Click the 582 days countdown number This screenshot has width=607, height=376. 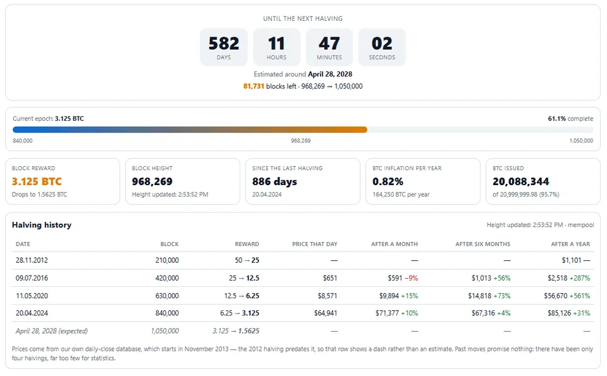(x=224, y=44)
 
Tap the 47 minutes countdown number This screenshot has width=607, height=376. (x=329, y=44)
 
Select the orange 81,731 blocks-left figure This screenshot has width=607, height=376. (x=254, y=87)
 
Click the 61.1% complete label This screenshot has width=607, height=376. (x=570, y=118)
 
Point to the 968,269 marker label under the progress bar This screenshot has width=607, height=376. (x=301, y=141)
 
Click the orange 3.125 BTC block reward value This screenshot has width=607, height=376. (x=37, y=181)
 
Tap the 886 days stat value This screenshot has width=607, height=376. (x=274, y=181)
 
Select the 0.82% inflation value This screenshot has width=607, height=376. (x=388, y=181)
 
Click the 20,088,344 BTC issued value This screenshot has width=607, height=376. (x=520, y=181)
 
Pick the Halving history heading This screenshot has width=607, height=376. (x=42, y=225)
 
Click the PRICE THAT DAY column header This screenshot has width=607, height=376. (x=315, y=244)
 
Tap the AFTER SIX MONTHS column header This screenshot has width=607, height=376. (x=482, y=244)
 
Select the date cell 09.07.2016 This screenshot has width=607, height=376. (x=32, y=278)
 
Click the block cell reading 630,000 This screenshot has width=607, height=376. (x=167, y=296)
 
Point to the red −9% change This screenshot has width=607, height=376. (x=411, y=278)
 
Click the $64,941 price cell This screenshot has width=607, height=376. (x=326, y=313)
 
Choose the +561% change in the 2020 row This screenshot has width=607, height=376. (x=580, y=296)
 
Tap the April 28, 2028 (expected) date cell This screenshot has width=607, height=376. (x=51, y=331)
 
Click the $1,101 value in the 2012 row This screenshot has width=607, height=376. (x=572, y=260)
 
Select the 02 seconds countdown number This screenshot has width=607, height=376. (x=382, y=44)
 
